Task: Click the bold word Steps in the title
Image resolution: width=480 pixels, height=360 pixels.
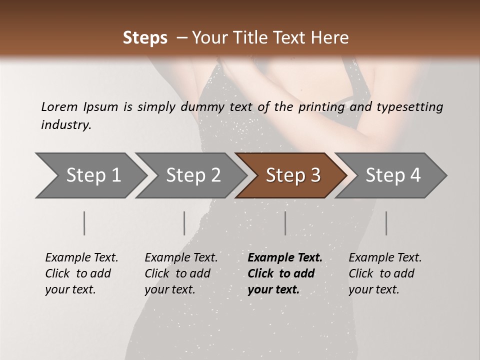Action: pyautogui.click(x=145, y=38)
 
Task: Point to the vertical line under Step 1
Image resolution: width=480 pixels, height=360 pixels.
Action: pyautogui.click(x=84, y=223)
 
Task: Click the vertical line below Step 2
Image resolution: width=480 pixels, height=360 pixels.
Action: pyautogui.click(x=184, y=223)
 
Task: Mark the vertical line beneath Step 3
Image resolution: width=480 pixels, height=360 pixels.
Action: pyautogui.click(x=285, y=223)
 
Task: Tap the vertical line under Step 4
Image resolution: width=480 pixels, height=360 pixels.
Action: pyautogui.click(x=386, y=223)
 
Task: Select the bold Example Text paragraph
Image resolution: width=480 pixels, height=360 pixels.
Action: pyautogui.click(x=285, y=273)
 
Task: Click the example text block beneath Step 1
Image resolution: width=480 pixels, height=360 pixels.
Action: pyautogui.click(x=81, y=273)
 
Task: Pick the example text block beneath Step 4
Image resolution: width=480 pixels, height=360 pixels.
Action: pyautogui.click(x=385, y=273)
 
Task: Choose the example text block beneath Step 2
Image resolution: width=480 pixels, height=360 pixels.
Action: pyautogui.click(x=181, y=273)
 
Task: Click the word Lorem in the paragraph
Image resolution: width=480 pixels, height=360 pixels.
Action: pyautogui.click(x=59, y=106)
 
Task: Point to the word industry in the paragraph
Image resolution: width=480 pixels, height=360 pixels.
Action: pyautogui.click(x=66, y=125)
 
